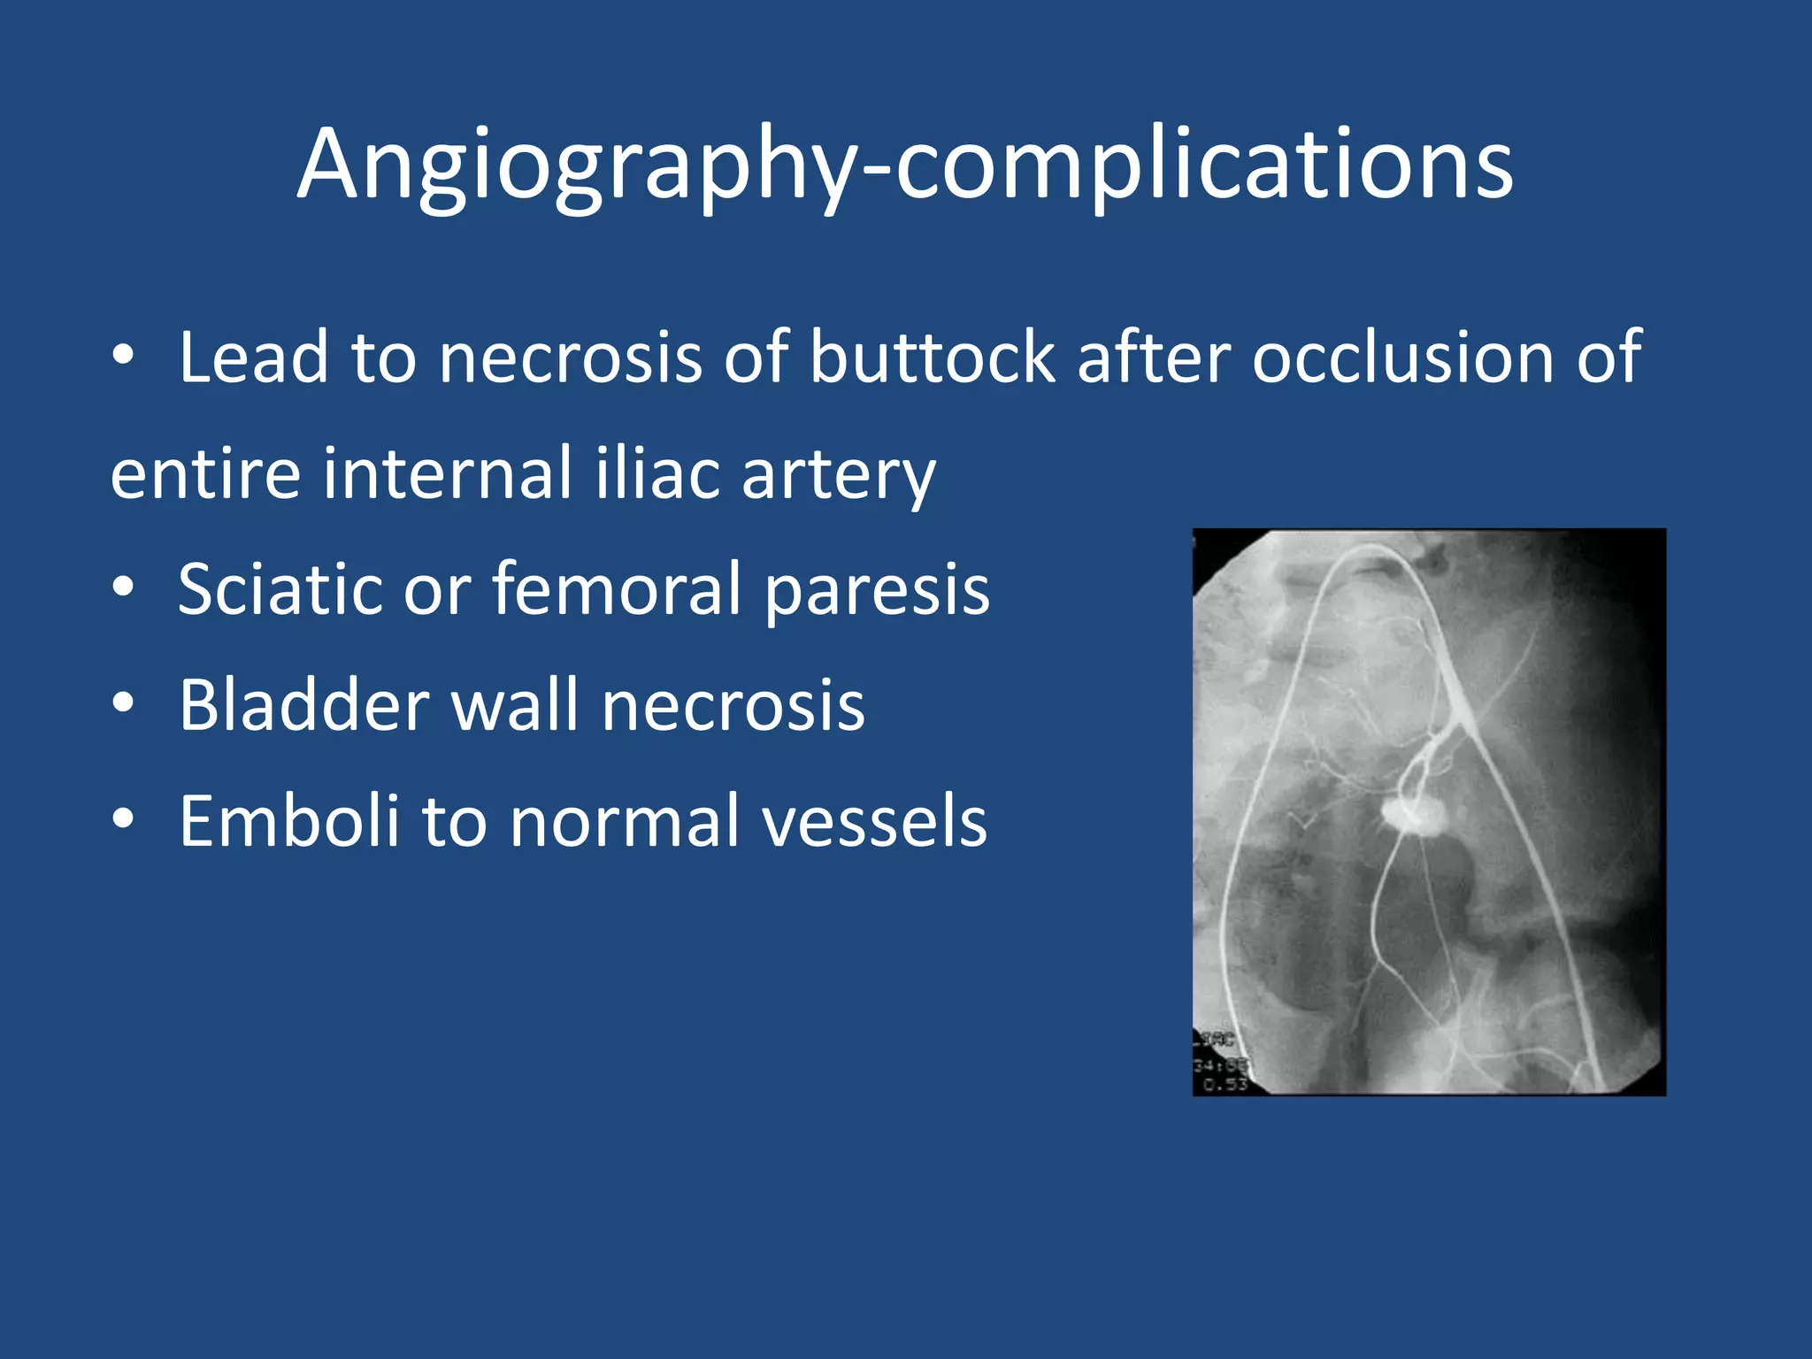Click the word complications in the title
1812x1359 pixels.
point(1204,165)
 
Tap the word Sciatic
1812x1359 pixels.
point(282,588)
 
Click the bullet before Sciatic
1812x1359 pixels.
point(124,587)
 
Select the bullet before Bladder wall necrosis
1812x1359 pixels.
point(124,703)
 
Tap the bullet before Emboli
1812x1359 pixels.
point(124,819)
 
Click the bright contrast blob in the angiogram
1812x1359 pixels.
point(1414,812)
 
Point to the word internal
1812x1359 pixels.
point(448,472)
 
